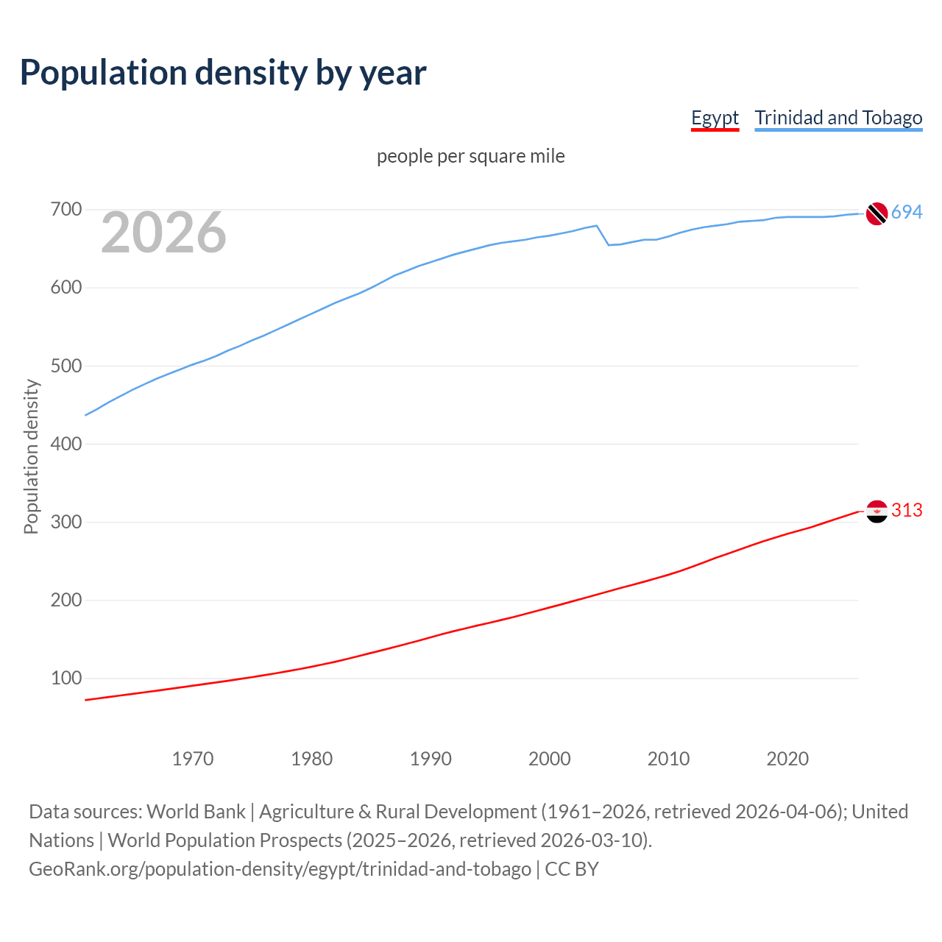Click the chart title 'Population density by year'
click(223, 72)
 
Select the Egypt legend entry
click(715, 118)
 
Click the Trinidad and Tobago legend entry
click(838, 118)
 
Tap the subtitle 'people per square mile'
click(470, 156)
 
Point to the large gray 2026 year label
click(163, 233)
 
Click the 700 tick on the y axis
click(65, 210)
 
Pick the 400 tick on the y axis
click(65, 444)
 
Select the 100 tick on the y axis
click(65, 678)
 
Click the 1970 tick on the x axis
click(193, 759)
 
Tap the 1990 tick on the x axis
click(431, 759)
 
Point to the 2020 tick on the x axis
click(787, 759)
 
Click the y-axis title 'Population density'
click(31, 456)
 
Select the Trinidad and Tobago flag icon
click(877, 213)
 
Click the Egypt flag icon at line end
click(877, 511)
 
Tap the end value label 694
click(907, 213)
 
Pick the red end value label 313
click(907, 510)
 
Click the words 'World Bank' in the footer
click(196, 812)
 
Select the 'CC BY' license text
click(572, 869)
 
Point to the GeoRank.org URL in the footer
click(280, 869)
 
